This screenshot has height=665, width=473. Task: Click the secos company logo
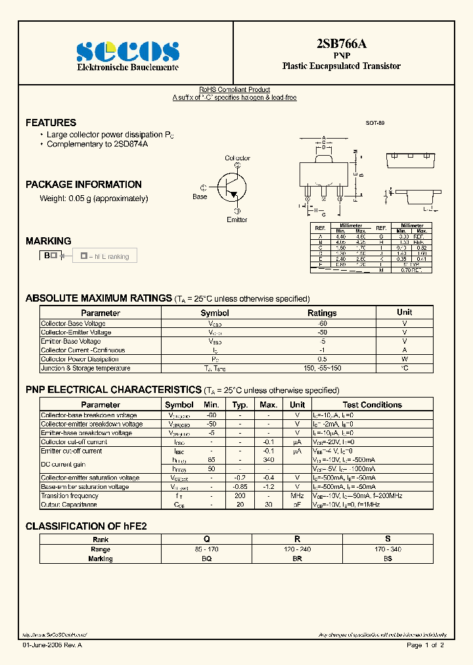[x=127, y=51]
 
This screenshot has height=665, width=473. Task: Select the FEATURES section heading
[x=51, y=123]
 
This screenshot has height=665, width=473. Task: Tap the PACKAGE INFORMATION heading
[x=83, y=185]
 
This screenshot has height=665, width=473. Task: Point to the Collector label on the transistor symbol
[x=237, y=158]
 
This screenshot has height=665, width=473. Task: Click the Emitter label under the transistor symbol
[x=237, y=219]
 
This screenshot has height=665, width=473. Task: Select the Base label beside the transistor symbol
[x=200, y=196]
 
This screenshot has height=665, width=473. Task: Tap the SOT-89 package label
[x=375, y=123]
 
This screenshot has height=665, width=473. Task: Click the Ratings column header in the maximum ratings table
[x=322, y=313]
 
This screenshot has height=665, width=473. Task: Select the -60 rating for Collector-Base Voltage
[x=322, y=323]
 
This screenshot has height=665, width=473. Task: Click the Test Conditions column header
[x=372, y=405]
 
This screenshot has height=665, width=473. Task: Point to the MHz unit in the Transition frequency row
[x=297, y=496]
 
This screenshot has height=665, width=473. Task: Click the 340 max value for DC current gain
[x=268, y=460]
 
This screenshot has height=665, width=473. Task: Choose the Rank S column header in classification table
[x=388, y=539]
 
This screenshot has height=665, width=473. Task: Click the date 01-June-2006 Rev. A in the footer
[x=53, y=646]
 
